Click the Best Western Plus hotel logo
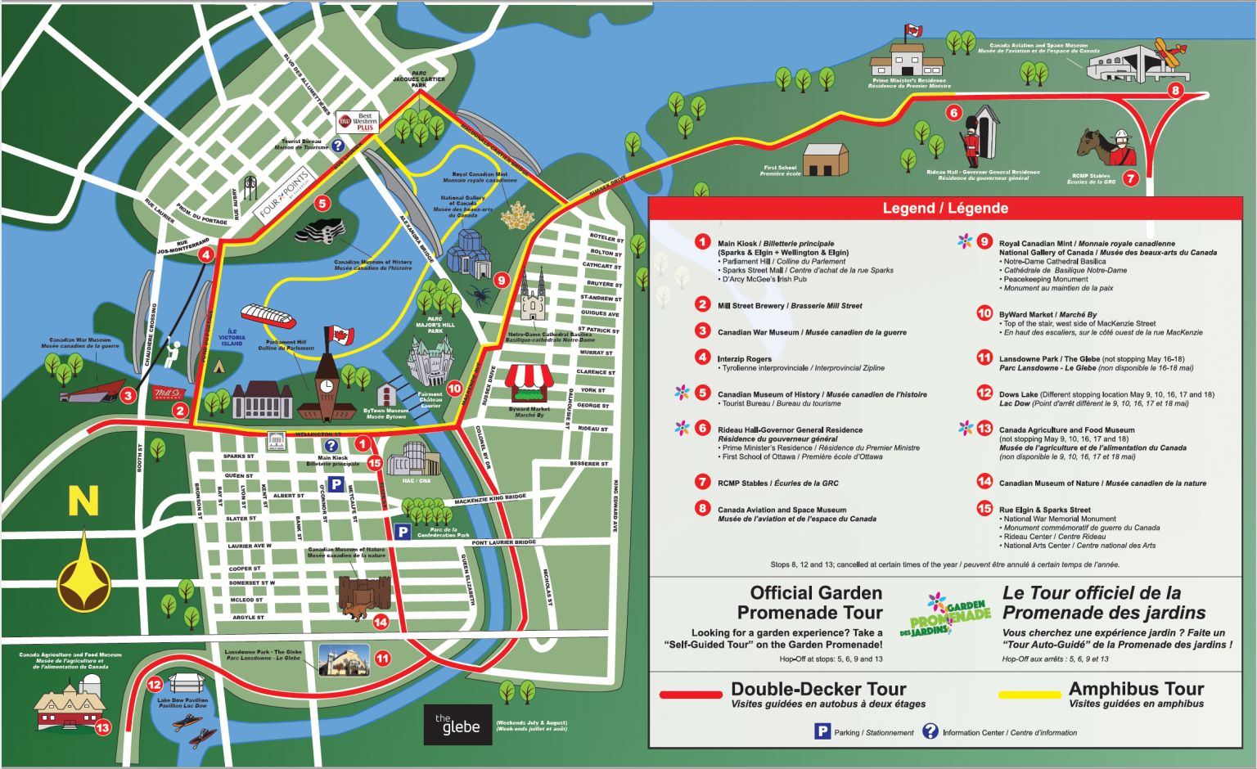coord(357,122)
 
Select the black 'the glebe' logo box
coord(457,724)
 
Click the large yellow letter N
coord(83,501)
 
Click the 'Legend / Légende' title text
coord(944,208)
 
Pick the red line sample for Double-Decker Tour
coord(691,695)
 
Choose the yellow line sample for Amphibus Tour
coord(1029,695)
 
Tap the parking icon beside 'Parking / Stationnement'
coord(822,731)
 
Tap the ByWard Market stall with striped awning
coord(529,384)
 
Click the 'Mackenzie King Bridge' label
coord(490,499)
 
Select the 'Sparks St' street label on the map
coord(239,456)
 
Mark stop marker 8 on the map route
coord(1175,90)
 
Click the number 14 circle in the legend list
coord(984,482)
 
